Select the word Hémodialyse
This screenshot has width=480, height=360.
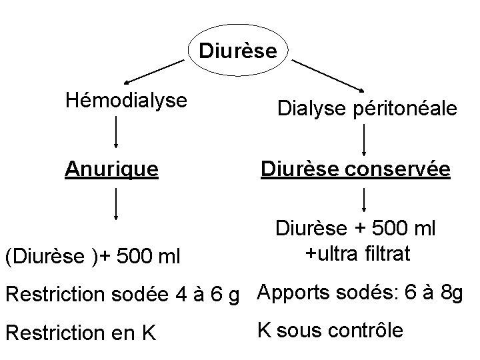pos(125,101)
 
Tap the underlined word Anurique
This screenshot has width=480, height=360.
pos(111,170)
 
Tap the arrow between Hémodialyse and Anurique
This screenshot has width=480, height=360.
pos(117,131)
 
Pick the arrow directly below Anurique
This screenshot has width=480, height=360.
pos(117,203)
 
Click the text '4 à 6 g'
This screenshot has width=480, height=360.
pos(211,294)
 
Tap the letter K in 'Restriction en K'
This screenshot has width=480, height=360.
pos(148,333)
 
